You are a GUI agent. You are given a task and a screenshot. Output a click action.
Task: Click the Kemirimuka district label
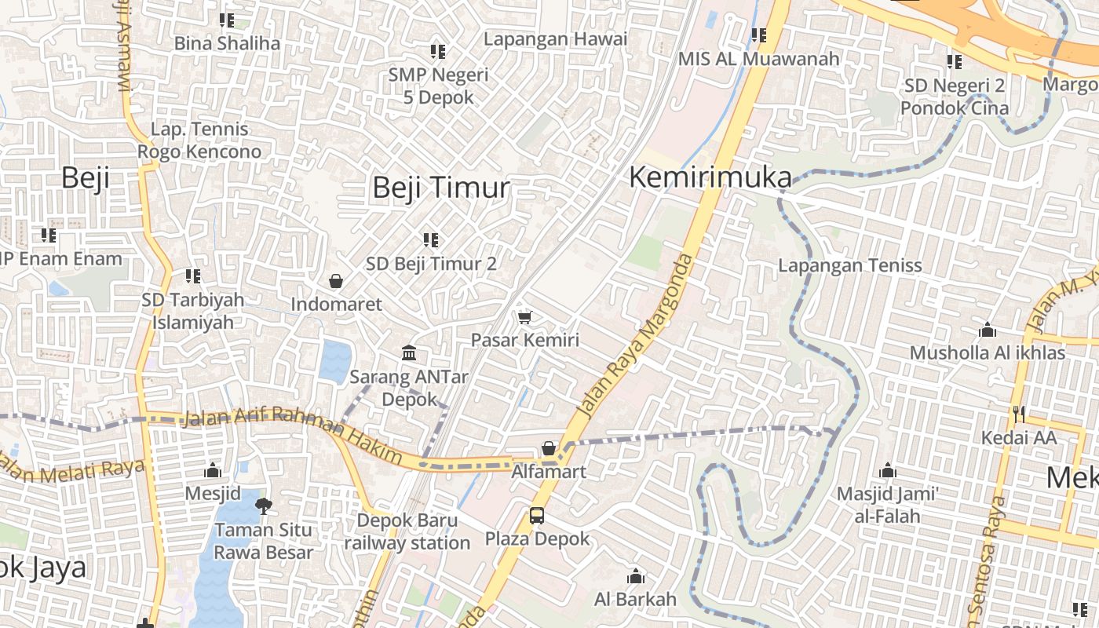click(710, 178)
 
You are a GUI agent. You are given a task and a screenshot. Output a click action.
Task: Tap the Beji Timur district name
click(440, 188)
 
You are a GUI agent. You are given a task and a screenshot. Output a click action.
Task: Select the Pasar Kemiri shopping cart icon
click(525, 317)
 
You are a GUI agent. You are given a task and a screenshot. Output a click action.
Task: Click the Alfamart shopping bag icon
click(549, 449)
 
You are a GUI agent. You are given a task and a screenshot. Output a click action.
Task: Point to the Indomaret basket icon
click(336, 281)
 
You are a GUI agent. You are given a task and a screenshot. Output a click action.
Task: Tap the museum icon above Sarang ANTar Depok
click(409, 353)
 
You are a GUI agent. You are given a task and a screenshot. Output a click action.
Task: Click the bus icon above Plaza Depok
click(537, 516)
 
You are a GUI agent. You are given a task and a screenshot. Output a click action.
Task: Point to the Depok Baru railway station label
click(407, 531)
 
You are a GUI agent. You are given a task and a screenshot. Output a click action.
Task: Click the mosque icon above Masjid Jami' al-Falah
click(888, 470)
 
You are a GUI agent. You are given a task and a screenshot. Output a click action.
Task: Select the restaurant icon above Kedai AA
click(1019, 414)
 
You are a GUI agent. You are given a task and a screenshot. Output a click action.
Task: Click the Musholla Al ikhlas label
click(988, 352)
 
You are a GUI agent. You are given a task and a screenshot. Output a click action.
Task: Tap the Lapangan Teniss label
click(850, 265)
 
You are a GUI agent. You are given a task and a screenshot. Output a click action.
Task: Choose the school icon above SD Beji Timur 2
click(431, 239)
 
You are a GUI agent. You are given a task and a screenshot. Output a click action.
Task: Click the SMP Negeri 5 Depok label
click(438, 86)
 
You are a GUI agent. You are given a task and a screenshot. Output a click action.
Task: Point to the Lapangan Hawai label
click(555, 38)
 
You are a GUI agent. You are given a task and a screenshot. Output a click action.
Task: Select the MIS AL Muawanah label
click(758, 58)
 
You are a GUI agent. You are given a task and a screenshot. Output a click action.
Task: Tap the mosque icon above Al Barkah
click(636, 577)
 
